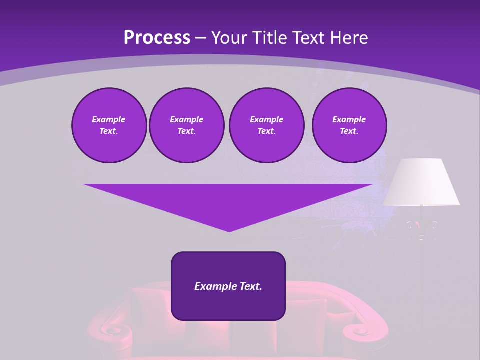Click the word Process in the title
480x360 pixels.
(157, 37)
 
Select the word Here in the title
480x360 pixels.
(348, 37)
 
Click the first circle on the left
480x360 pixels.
(109, 125)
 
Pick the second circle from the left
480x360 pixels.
(186, 125)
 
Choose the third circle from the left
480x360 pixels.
(266, 125)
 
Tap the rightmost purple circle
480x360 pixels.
(349, 125)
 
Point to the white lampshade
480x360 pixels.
(421, 182)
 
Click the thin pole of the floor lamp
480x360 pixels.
(421, 280)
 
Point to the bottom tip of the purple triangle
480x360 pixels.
(229, 230)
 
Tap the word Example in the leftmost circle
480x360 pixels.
(109, 119)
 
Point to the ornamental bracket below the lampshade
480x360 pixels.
(421, 227)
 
